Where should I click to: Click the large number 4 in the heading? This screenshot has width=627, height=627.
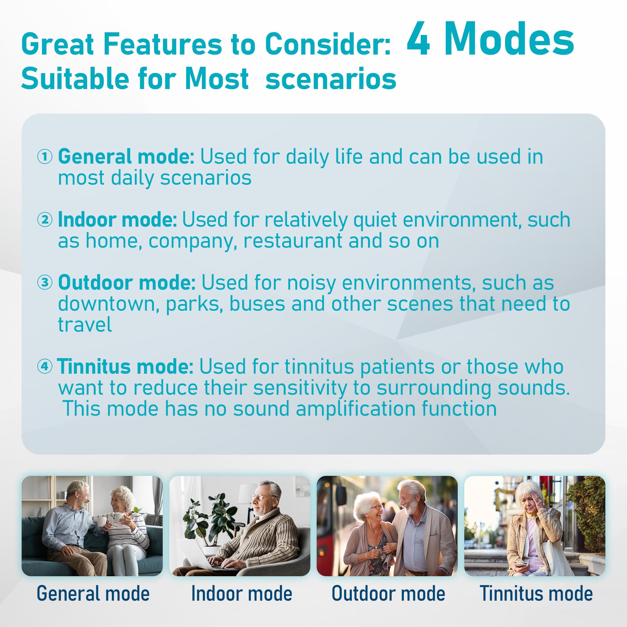click(418, 39)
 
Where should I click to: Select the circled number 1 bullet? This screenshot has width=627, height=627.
click(45, 157)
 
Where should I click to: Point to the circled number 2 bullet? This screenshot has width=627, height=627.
click(45, 220)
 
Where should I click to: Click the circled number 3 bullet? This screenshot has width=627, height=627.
click(45, 282)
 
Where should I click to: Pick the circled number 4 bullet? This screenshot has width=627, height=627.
click(45, 366)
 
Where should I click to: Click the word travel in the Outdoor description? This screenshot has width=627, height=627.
click(85, 324)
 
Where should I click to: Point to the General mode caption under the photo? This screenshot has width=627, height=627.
click(93, 593)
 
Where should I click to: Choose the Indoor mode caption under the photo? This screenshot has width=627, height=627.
click(241, 593)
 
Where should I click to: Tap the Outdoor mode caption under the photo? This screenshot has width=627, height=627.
click(388, 593)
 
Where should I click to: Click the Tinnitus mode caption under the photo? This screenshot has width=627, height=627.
click(536, 593)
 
